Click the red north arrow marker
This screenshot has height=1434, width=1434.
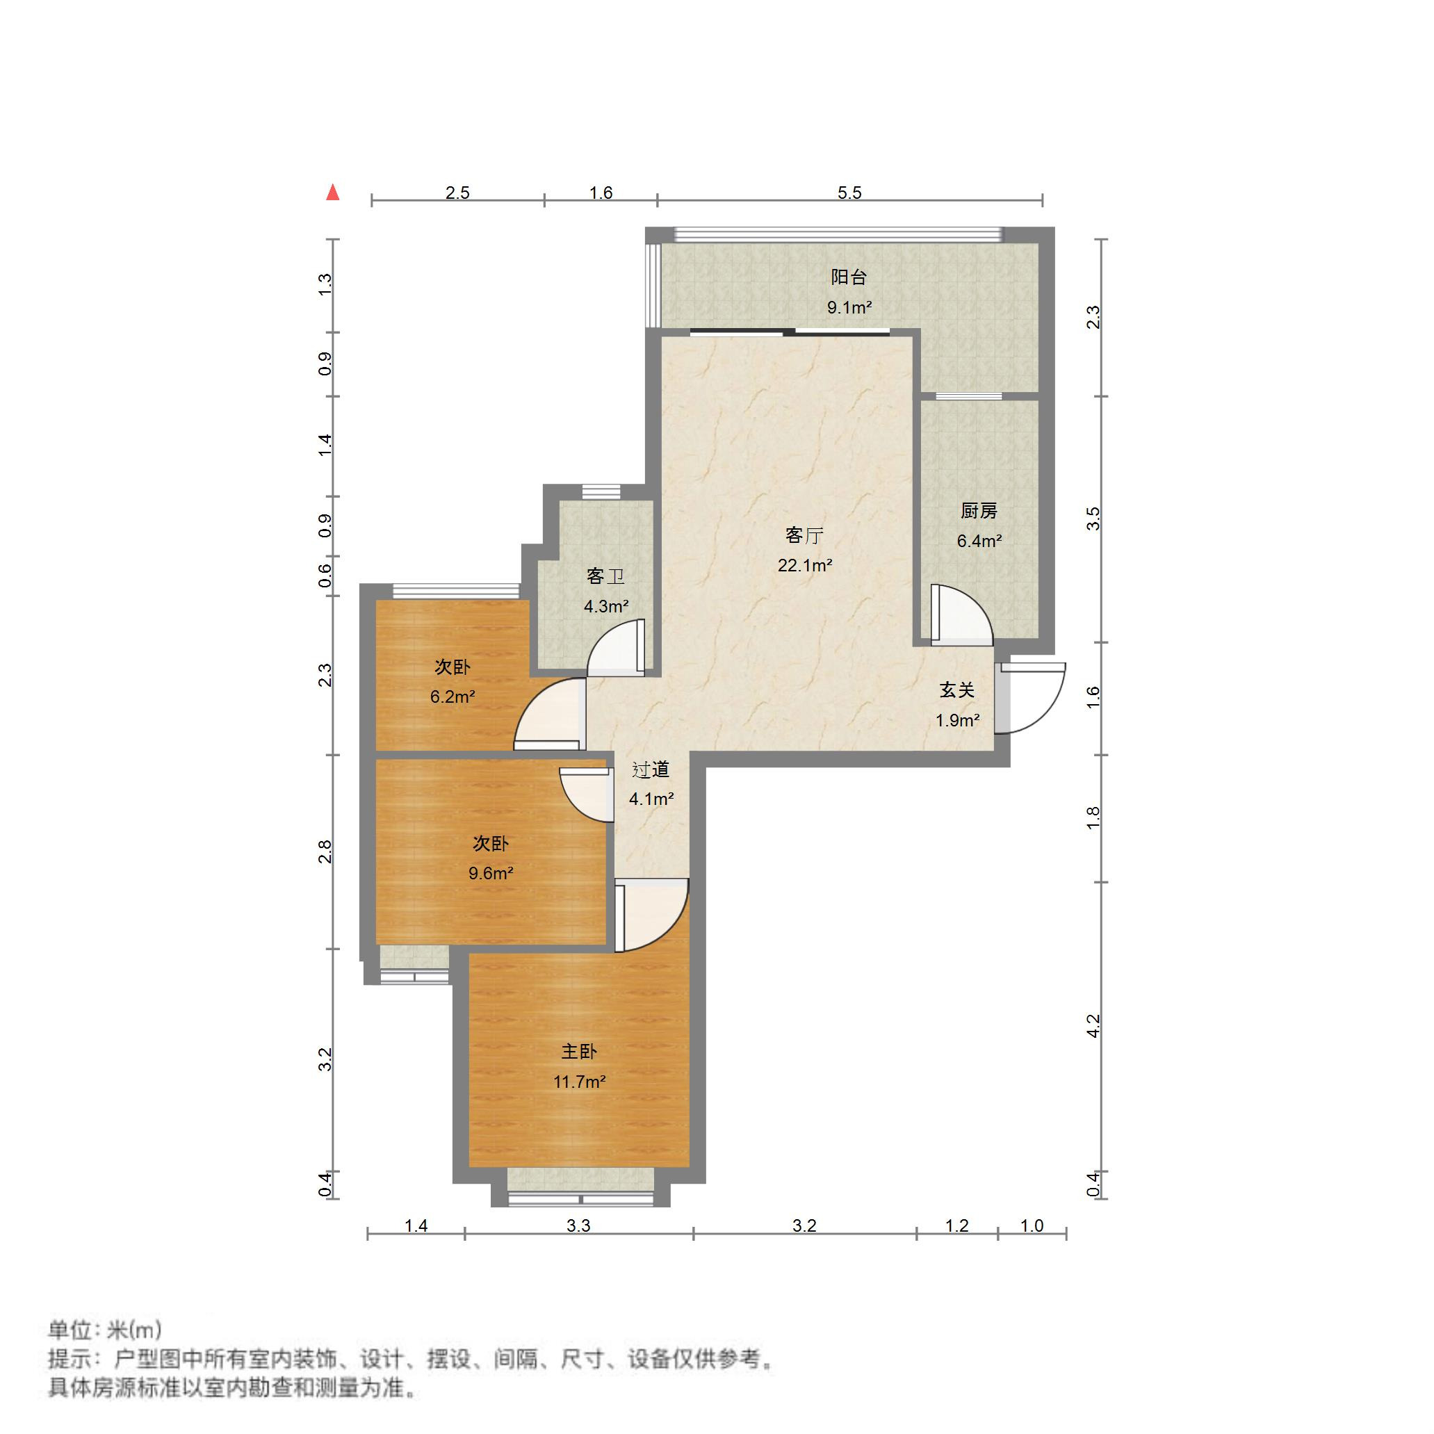[x=333, y=193]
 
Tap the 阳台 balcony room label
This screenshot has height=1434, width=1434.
[x=849, y=277]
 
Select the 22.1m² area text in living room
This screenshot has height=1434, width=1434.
[x=805, y=566]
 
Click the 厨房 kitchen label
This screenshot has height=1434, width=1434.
[x=978, y=511]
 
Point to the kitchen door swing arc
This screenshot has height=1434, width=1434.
[x=965, y=612]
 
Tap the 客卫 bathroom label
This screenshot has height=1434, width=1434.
[x=605, y=576]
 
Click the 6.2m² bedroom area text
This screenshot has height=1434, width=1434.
[x=453, y=697]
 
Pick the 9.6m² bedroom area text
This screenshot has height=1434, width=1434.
[x=491, y=874]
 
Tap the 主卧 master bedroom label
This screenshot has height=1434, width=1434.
[x=579, y=1052]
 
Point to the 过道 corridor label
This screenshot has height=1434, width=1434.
[x=651, y=769]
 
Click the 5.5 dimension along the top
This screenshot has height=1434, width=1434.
[x=849, y=193]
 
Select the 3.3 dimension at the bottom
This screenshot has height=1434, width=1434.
[x=578, y=1225]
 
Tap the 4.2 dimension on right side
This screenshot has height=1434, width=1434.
[x=1093, y=1026]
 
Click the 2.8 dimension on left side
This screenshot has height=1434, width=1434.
[x=325, y=852]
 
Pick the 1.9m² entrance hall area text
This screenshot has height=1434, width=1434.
[x=957, y=721]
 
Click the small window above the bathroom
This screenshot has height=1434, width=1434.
[x=601, y=491]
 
